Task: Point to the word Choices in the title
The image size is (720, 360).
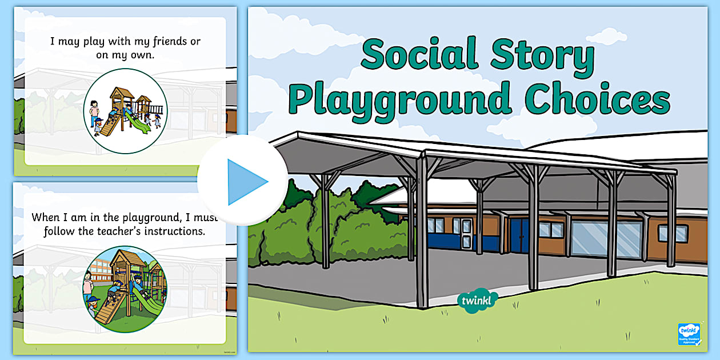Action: (598, 98)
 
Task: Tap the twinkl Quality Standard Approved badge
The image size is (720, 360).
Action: (689, 334)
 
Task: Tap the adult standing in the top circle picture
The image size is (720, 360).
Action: (94, 114)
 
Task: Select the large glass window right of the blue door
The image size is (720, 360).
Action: (606, 237)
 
